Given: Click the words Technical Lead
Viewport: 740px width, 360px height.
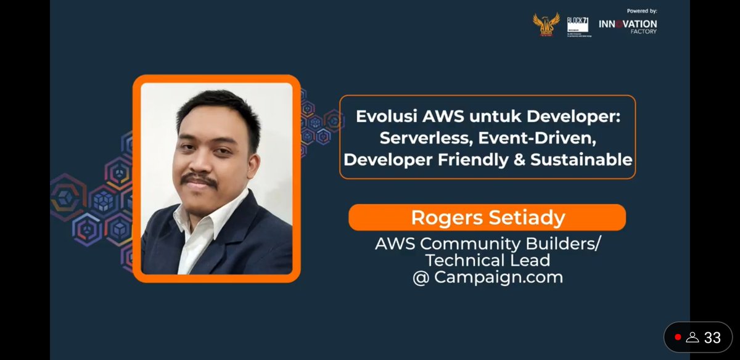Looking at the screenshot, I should pos(487,260).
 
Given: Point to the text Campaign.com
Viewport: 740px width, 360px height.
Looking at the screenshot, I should pos(498,277).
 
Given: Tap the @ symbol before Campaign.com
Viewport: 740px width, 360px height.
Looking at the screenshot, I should pos(421,277).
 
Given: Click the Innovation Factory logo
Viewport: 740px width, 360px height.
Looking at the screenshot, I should pos(628,26).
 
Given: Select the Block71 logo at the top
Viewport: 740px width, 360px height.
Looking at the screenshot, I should pos(578,27).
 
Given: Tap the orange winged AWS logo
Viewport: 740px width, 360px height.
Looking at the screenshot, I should pos(546,25).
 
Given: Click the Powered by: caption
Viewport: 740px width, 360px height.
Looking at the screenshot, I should pos(641,10).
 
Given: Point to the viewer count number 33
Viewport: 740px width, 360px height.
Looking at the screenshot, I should pos(712,338).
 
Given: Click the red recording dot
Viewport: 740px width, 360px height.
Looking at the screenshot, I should pos(678,337).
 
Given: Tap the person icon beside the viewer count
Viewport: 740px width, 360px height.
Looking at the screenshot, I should pos(693,338).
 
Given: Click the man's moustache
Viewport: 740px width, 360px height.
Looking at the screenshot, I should pos(199,179).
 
